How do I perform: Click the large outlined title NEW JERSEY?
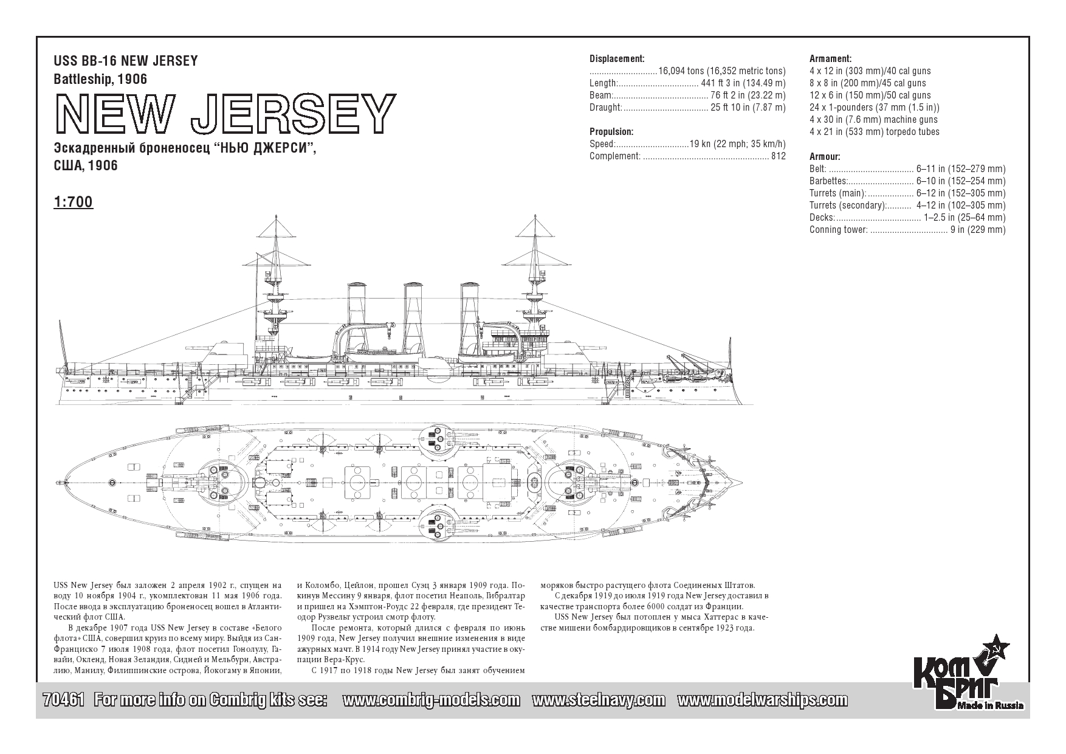[225, 114]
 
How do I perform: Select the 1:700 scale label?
[74, 202]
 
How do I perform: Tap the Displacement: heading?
[617, 59]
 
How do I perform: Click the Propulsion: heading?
[611, 132]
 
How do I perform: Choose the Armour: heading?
[825, 157]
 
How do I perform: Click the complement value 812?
[778, 156]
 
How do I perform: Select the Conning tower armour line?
[907, 230]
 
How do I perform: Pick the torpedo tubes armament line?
[875, 132]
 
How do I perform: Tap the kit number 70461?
[64, 699]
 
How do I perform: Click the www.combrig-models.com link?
[431, 700]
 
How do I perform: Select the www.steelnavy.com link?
[599, 700]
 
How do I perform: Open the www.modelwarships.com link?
[762, 700]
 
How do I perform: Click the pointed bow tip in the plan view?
[742, 483]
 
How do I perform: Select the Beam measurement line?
[687, 95]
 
